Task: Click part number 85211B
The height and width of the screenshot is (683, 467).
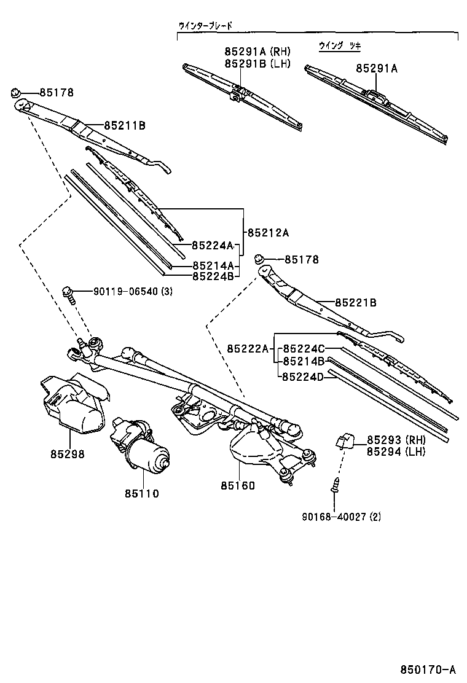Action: (x=124, y=125)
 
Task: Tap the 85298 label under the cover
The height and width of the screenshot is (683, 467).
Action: (x=68, y=455)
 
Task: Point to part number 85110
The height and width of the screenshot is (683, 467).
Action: (x=143, y=493)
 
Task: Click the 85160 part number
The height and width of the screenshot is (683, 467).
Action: (x=238, y=485)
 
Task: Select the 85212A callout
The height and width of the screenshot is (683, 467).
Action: (x=268, y=233)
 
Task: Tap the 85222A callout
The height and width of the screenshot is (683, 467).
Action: (x=248, y=349)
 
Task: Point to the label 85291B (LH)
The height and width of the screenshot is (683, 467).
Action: (x=257, y=63)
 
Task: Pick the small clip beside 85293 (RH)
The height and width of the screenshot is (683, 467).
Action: (x=343, y=440)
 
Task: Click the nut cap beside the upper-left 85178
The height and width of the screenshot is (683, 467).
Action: (x=16, y=93)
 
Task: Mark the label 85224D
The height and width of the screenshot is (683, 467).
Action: (x=302, y=377)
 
